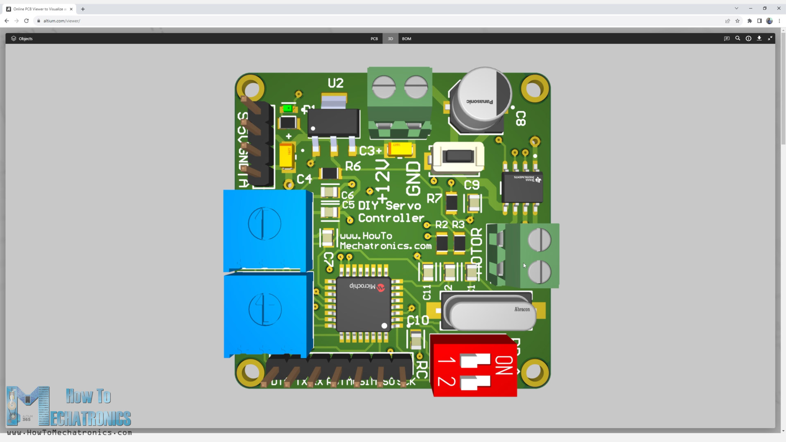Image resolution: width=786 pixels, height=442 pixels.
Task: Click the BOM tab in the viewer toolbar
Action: tap(407, 39)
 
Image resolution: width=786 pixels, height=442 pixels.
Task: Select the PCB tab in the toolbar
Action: tap(374, 39)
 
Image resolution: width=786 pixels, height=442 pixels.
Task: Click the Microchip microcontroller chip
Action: tap(363, 304)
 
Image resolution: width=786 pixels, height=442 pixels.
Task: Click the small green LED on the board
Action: tap(288, 108)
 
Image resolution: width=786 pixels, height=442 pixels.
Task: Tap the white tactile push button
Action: tap(458, 157)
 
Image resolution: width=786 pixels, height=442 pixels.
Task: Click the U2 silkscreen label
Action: tap(336, 83)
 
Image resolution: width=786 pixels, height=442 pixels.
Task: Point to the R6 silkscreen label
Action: tap(353, 166)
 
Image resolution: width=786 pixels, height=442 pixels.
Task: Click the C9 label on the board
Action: tap(472, 185)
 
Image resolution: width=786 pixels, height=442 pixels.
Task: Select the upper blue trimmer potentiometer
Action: tap(265, 229)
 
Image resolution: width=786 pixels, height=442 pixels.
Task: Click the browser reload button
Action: tap(27, 21)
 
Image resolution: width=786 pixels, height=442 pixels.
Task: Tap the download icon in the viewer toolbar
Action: tap(759, 38)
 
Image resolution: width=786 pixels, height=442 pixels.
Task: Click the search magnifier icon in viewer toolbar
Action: tap(738, 38)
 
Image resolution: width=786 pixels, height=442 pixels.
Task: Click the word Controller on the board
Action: tap(391, 218)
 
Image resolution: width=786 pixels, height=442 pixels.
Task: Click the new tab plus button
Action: tap(83, 9)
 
